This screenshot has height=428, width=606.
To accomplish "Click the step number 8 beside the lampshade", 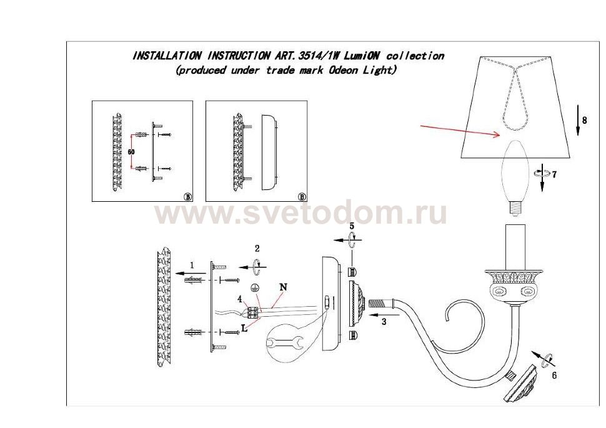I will point(584,120).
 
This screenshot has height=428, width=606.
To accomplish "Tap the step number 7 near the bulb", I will point(554,175).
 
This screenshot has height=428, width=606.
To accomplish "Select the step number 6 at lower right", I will point(554,376).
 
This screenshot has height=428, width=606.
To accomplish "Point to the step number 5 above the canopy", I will point(352,226).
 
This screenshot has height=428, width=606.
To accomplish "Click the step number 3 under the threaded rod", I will point(384,322).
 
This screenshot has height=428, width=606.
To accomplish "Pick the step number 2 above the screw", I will point(257,248).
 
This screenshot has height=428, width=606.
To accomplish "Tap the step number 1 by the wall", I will point(192,265).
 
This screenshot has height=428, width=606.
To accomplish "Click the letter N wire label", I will point(283,287).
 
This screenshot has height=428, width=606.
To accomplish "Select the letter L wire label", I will point(244,328).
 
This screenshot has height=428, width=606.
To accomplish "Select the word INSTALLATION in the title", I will point(167,56).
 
